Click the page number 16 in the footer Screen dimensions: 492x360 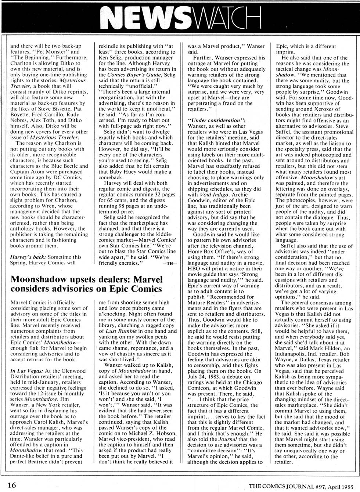[x=12, y=485]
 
